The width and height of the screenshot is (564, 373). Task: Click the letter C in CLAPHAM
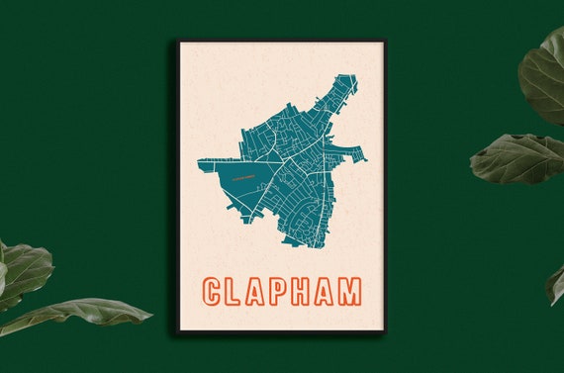coord(213,291)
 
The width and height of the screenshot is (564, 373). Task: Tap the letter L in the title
coord(235,291)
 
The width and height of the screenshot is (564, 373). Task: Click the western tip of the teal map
coord(200,161)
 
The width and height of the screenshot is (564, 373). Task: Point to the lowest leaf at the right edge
coord(555,284)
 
